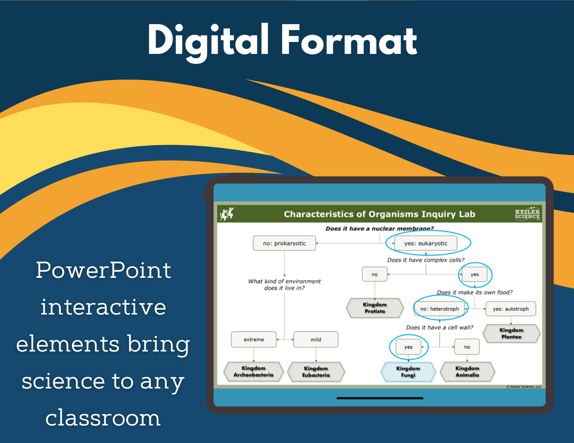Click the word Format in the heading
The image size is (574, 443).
tap(349, 40)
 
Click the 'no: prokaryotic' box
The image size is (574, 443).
tap(284, 243)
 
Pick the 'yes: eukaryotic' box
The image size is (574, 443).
tap(426, 243)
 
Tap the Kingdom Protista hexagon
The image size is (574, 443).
tap(375, 308)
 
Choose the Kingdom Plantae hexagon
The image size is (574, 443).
tap(511, 333)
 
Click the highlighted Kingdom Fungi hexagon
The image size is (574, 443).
tap(408, 372)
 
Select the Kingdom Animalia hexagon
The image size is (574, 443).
tap(467, 372)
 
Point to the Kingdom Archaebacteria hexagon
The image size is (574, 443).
tap(253, 372)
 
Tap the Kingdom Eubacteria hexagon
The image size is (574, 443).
tap(316, 372)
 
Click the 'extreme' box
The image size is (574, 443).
tap(254, 340)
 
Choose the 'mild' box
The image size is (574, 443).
tap(316, 340)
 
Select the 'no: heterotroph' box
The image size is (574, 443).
tap(439, 309)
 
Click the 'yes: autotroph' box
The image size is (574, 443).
tap(511, 309)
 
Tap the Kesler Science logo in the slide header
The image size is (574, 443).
tap(527, 214)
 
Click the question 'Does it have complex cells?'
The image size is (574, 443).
tap(426, 260)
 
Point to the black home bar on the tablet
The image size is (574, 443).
tap(380, 398)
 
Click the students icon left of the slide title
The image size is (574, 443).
tap(227, 214)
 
